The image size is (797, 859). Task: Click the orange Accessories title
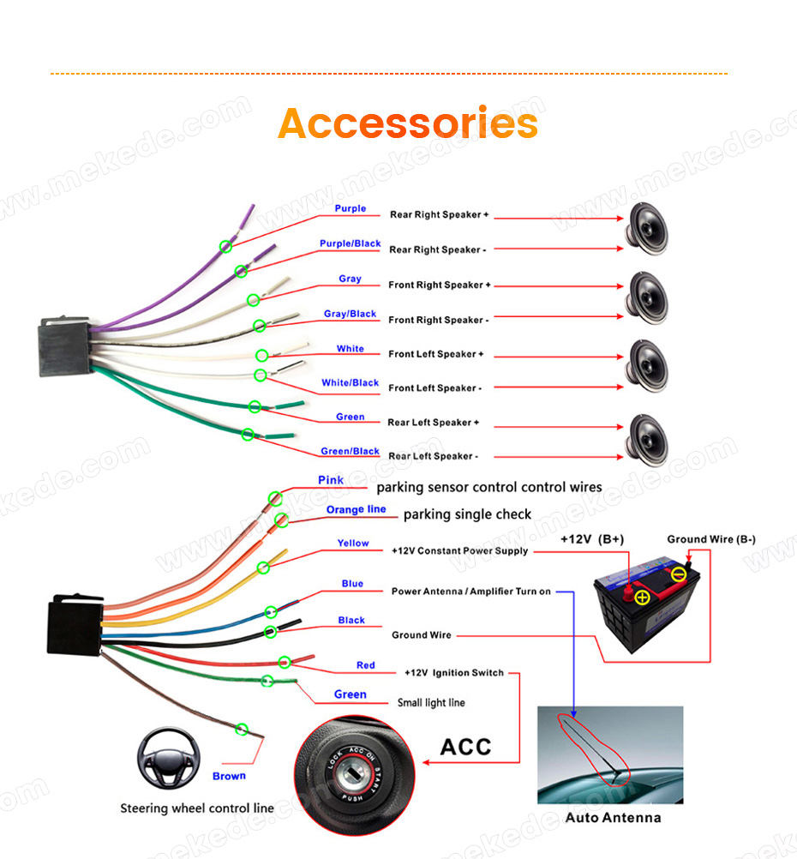tap(408, 123)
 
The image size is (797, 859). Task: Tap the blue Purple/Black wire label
tap(350, 243)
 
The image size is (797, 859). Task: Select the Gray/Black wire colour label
tap(350, 314)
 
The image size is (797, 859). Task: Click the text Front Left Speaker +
tap(436, 354)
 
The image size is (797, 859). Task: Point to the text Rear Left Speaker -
tap(434, 456)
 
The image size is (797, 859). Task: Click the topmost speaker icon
tap(647, 229)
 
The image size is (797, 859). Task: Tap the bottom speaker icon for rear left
tap(647, 441)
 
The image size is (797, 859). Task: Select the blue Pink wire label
tap(331, 480)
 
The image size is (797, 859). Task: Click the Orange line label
tap(356, 509)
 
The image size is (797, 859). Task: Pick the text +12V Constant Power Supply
tap(459, 550)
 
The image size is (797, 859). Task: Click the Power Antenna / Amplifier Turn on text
tap(471, 592)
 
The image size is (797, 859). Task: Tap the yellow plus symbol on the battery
tap(643, 598)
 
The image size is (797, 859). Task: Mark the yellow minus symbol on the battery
tap(679, 574)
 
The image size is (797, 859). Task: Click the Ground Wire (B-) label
tap(711, 539)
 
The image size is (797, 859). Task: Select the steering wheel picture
tap(169, 758)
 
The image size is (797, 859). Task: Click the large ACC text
tap(465, 747)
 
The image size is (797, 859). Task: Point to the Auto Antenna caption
tap(613, 817)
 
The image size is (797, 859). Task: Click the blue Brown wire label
tap(229, 776)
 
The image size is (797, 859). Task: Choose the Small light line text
tap(431, 702)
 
